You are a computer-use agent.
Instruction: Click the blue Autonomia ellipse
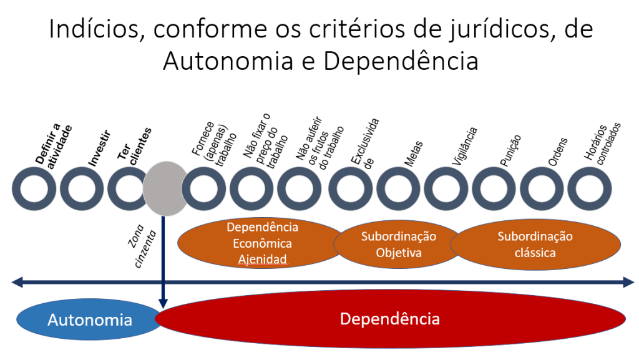coord(89,320)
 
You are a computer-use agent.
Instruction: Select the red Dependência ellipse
coord(390,319)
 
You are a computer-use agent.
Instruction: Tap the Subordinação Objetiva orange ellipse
coord(398,245)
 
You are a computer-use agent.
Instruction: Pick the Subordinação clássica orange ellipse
coord(535,245)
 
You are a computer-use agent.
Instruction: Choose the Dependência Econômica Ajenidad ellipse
coord(262,243)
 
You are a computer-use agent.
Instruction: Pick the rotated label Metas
coord(412,154)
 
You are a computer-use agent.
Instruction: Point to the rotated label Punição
coord(509,150)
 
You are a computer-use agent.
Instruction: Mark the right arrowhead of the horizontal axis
coord(628,284)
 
